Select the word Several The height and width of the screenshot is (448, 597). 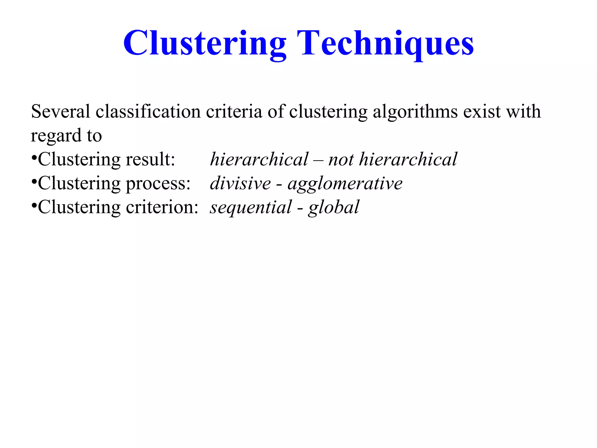click(x=61, y=111)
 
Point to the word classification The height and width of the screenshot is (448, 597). click(x=148, y=111)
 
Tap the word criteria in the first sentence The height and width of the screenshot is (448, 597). click(x=234, y=111)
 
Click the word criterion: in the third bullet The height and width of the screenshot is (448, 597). click(x=162, y=207)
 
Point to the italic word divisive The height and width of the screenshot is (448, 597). click(x=240, y=183)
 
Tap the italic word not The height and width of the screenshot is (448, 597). click(x=341, y=160)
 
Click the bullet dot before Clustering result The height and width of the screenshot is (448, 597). click(x=34, y=158)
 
